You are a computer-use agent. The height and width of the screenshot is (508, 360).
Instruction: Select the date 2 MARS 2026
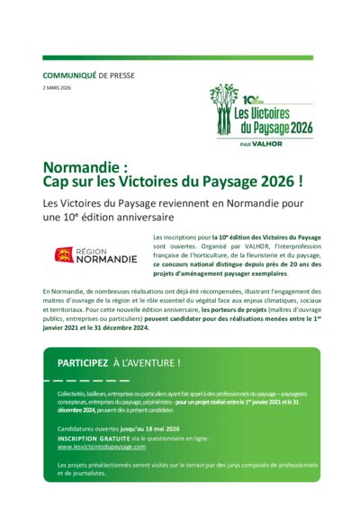click(x=57, y=88)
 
